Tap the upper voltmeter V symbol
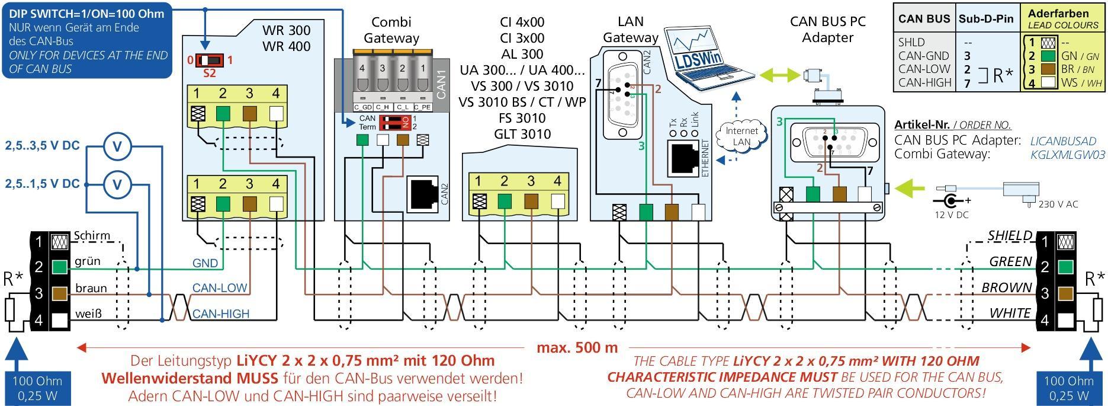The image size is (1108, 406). point(117,146)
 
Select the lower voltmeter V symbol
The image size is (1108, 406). point(117,185)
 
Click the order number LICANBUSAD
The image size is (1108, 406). point(1063,141)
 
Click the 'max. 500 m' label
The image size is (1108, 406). point(577,347)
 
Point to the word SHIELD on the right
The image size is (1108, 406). point(1010,236)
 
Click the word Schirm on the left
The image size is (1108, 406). point(92,236)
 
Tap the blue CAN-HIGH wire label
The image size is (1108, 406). point(220,314)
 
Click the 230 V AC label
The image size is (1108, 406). point(1058,204)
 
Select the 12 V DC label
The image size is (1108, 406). point(952,215)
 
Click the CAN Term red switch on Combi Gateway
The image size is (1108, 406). point(395,123)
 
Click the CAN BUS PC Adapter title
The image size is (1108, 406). point(827,30)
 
